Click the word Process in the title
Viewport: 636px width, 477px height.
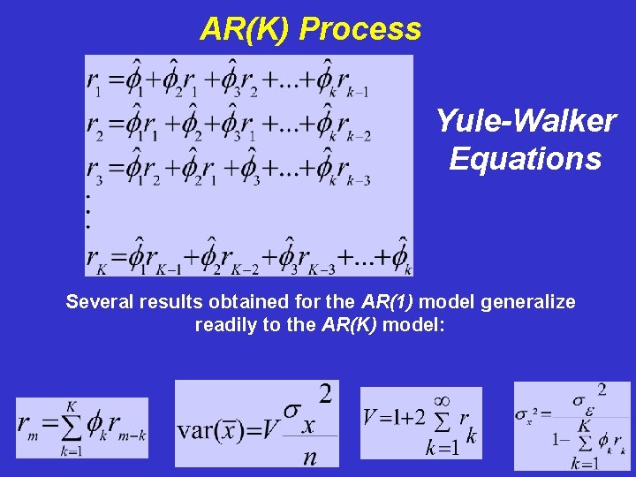click(x=360, y=30)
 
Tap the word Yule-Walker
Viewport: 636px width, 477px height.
click(x=526, y=121)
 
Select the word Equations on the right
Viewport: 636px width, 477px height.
click(x=526, y=159)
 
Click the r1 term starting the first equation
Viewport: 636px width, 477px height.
click(x=95, y=82)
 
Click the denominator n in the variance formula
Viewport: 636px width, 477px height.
click(x=308, y=457)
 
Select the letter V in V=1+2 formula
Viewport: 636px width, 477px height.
click(x=371, y=417)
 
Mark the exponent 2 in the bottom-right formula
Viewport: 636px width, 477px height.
click(x=602, y=389)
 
